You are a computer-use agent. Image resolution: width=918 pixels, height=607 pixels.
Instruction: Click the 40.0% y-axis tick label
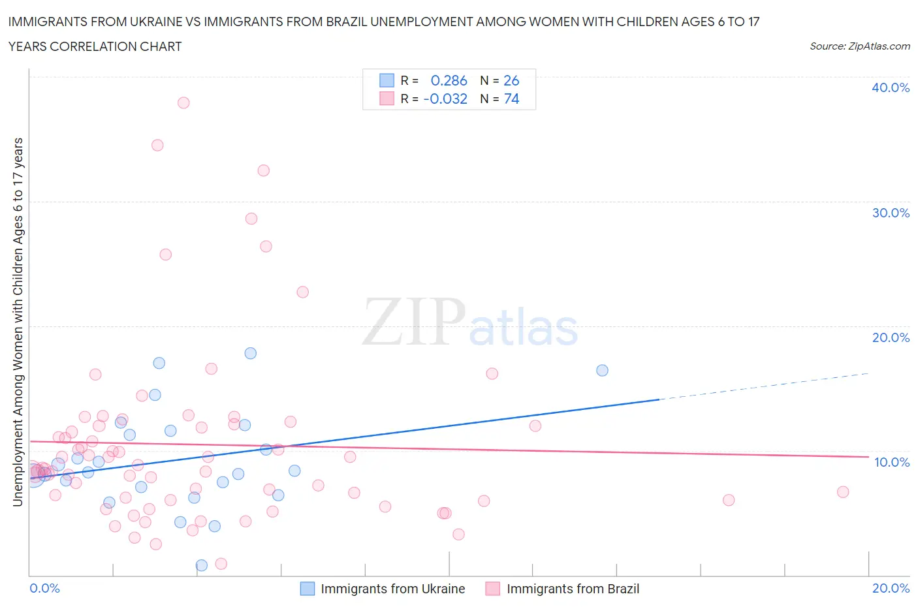[891, 87]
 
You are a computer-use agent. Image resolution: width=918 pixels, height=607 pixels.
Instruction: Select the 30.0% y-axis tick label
[891, 213]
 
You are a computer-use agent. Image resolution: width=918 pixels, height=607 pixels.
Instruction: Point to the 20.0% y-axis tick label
[891, 337]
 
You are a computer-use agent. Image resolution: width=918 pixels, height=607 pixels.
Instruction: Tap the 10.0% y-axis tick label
[891, 462]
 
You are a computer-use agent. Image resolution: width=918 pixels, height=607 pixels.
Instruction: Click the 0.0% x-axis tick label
[44, 588]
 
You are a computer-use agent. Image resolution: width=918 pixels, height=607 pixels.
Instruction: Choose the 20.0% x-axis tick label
[891, 588]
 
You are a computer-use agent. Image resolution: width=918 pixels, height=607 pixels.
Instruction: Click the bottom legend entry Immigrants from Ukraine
[392, 589]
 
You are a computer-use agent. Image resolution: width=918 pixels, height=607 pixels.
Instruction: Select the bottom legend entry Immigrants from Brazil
[573, 589]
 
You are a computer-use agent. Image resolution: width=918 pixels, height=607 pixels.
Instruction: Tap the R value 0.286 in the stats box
[449, 80]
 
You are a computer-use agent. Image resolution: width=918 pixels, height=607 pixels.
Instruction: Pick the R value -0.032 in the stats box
[445, 99]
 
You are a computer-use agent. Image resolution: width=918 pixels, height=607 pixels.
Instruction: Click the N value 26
[511, 80]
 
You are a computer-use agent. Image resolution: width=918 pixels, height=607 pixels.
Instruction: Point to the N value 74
[511, 99]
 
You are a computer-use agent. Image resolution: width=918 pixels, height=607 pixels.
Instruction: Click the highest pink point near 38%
[183, 102]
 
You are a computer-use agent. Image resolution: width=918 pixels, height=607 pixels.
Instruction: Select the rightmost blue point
[602, 370]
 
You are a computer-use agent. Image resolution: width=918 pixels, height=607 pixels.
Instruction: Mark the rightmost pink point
[843, 491]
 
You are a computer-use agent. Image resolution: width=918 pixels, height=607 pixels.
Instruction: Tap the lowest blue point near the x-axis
[201, 565]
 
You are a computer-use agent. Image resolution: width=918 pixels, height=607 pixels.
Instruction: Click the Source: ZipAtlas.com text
[859, 46]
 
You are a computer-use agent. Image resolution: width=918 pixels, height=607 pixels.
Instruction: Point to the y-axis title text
[18, 322]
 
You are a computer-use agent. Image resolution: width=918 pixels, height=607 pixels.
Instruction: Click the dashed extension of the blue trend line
[764, 386]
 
